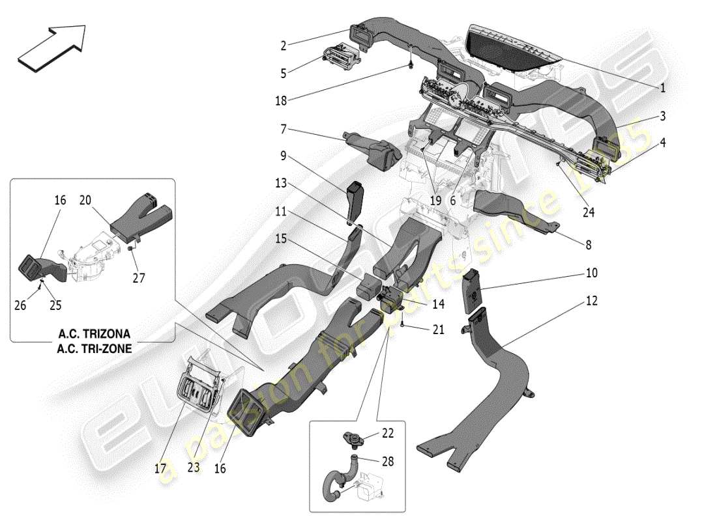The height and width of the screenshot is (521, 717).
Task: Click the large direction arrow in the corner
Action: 51,46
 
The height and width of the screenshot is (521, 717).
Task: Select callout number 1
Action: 662,87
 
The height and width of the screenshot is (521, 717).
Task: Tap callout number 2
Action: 284,46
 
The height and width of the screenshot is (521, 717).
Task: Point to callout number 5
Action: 284,74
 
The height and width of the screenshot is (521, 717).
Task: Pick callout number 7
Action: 284,130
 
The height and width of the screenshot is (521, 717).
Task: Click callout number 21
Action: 438,330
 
